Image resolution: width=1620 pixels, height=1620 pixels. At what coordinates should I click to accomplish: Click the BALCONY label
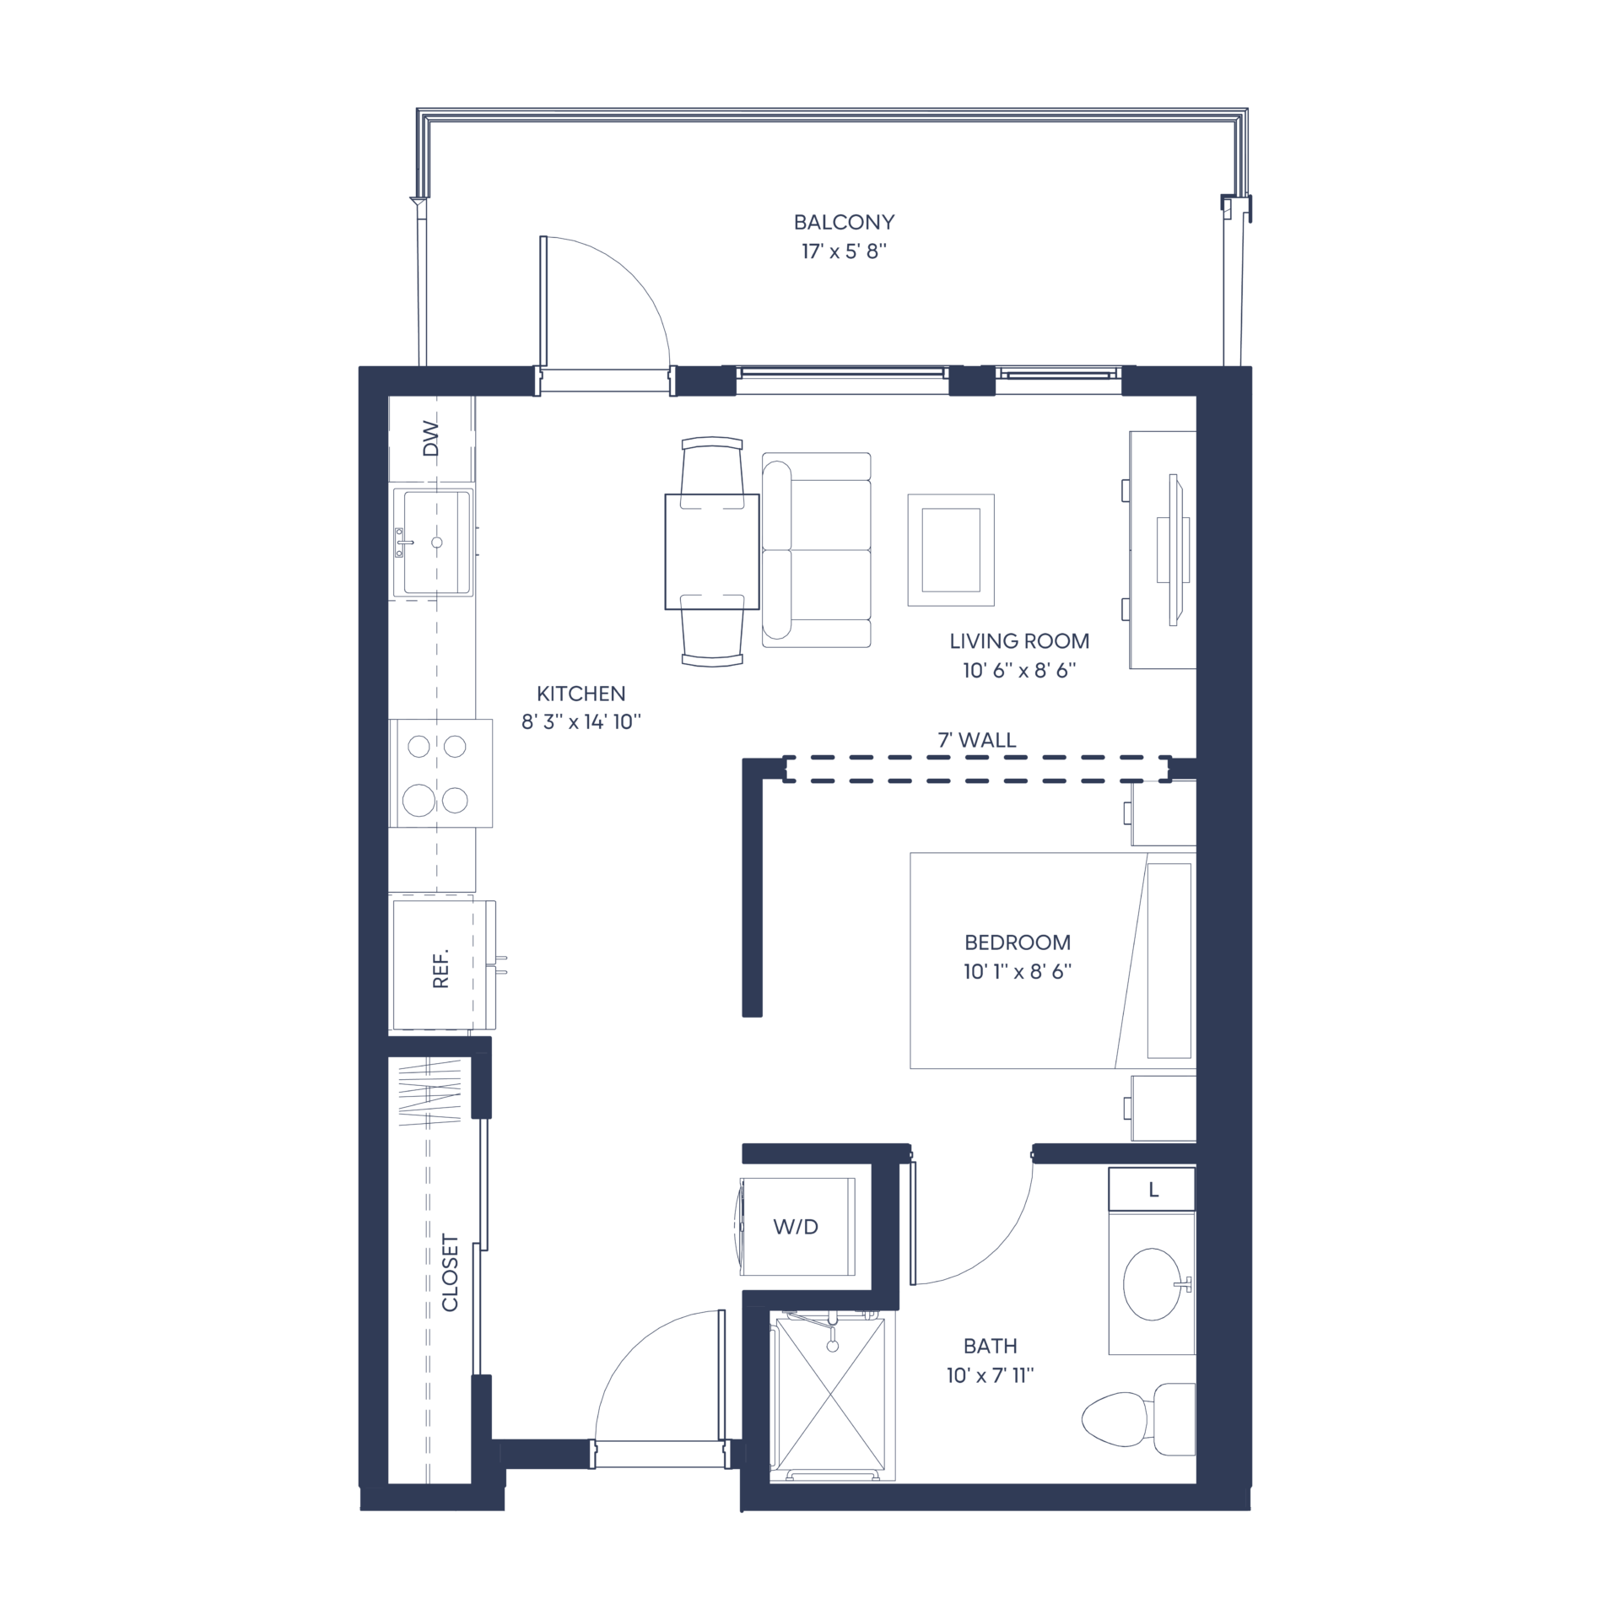tap(844, 222)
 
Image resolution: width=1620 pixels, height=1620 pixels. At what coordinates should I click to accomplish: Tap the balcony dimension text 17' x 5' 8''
tap(844, 251)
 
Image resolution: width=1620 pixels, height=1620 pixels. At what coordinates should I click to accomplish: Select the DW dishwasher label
tap(431, 438)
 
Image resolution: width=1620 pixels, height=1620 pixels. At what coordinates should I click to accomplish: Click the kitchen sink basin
tap(437, 542)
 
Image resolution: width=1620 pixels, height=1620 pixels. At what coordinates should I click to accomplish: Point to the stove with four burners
tap(440, 773)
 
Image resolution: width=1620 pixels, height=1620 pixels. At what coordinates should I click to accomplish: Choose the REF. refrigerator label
tap(440, 969)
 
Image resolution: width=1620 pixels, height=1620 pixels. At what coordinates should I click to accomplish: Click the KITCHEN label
tap(581, 694)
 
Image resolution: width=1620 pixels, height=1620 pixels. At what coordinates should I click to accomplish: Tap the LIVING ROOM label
tap(1019, 641)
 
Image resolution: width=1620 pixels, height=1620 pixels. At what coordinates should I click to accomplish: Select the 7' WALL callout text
tap(977, 740)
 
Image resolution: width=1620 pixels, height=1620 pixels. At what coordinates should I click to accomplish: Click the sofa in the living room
tap(816, 550)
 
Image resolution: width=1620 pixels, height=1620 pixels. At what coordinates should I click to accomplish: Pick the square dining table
tap(712, 552)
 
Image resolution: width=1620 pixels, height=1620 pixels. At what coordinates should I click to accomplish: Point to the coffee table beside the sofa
tap(951, 550)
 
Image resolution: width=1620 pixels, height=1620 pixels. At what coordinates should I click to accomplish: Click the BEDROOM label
tap(1018, 942)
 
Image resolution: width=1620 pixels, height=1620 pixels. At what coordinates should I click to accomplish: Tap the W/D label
tap(796, 1227)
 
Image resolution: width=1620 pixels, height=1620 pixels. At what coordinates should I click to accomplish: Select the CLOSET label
tap(450, 1273)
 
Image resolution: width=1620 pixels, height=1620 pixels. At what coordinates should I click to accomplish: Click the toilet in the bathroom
tap(1138, 1419)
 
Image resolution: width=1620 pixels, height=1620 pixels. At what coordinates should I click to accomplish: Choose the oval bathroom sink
tap(1153, 1284)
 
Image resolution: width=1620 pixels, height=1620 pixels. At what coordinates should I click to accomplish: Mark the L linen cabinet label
tap(1153, 1191)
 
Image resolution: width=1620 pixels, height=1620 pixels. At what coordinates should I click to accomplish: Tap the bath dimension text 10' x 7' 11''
tap(990, 1376)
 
